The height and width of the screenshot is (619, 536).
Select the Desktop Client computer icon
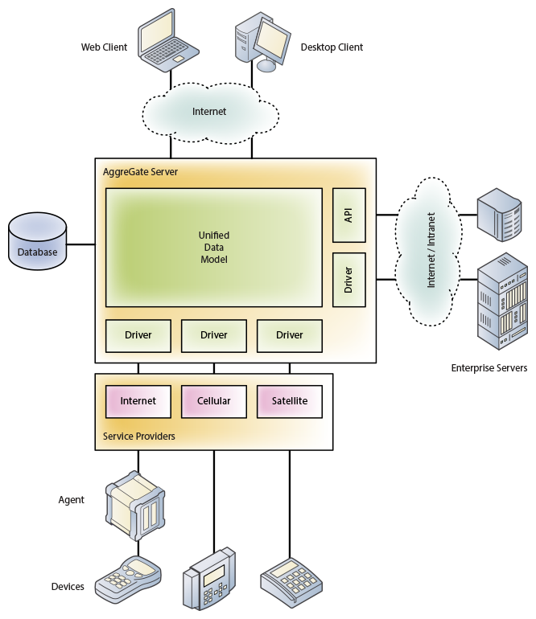[x=261, y=41]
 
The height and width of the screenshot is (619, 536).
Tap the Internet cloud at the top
[x=209, y=112]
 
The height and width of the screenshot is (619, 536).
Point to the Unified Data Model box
[x=213, y=248]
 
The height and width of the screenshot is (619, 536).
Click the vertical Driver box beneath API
[x=348, y=280]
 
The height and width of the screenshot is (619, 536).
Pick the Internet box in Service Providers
[x=138, y=401]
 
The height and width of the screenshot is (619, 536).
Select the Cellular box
[x=213, y=401]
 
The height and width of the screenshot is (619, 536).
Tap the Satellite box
[x=290, y=401]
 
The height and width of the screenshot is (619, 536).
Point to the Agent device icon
[x=136, y=499]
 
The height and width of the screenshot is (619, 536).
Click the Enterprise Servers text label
[x=489, y=369]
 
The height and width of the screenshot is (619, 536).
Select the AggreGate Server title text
[x=141, y=172]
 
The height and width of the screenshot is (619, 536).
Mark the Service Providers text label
[x=139, y=437]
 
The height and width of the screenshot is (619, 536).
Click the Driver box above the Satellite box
[x=290, y=335]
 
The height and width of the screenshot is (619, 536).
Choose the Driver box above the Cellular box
[x=213, y=335]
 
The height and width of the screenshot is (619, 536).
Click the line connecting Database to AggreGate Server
[x=80, y=244]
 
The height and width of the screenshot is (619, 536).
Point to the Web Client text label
[x=104, y=47]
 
